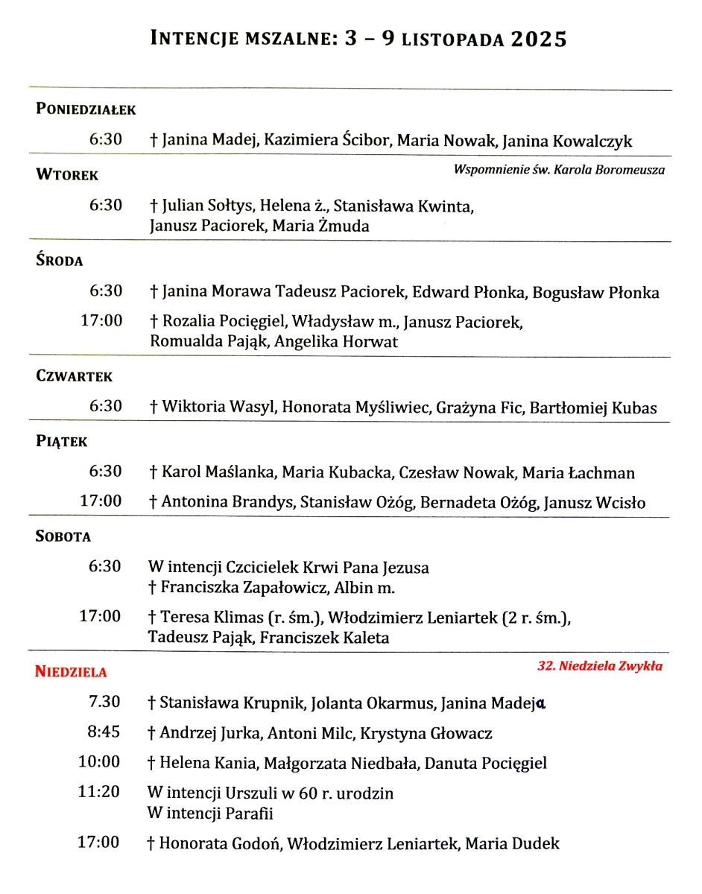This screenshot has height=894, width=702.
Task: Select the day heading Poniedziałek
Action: point(86,110)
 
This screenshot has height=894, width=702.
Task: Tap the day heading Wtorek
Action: point(67,176)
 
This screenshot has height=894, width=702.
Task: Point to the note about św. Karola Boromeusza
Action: point(559,170)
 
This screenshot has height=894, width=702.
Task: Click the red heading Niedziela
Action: point(71,672)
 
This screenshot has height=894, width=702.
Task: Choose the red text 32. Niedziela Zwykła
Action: point(599,666)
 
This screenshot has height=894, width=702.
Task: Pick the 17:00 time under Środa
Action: point(101,322)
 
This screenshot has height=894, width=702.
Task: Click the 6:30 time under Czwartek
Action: point(106,406)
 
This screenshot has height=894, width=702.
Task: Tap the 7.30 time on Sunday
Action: point(104,702)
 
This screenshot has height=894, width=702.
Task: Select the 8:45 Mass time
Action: point(104,732)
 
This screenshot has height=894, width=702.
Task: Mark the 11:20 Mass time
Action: point(99,792)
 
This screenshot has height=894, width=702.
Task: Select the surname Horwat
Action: point(370,342)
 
